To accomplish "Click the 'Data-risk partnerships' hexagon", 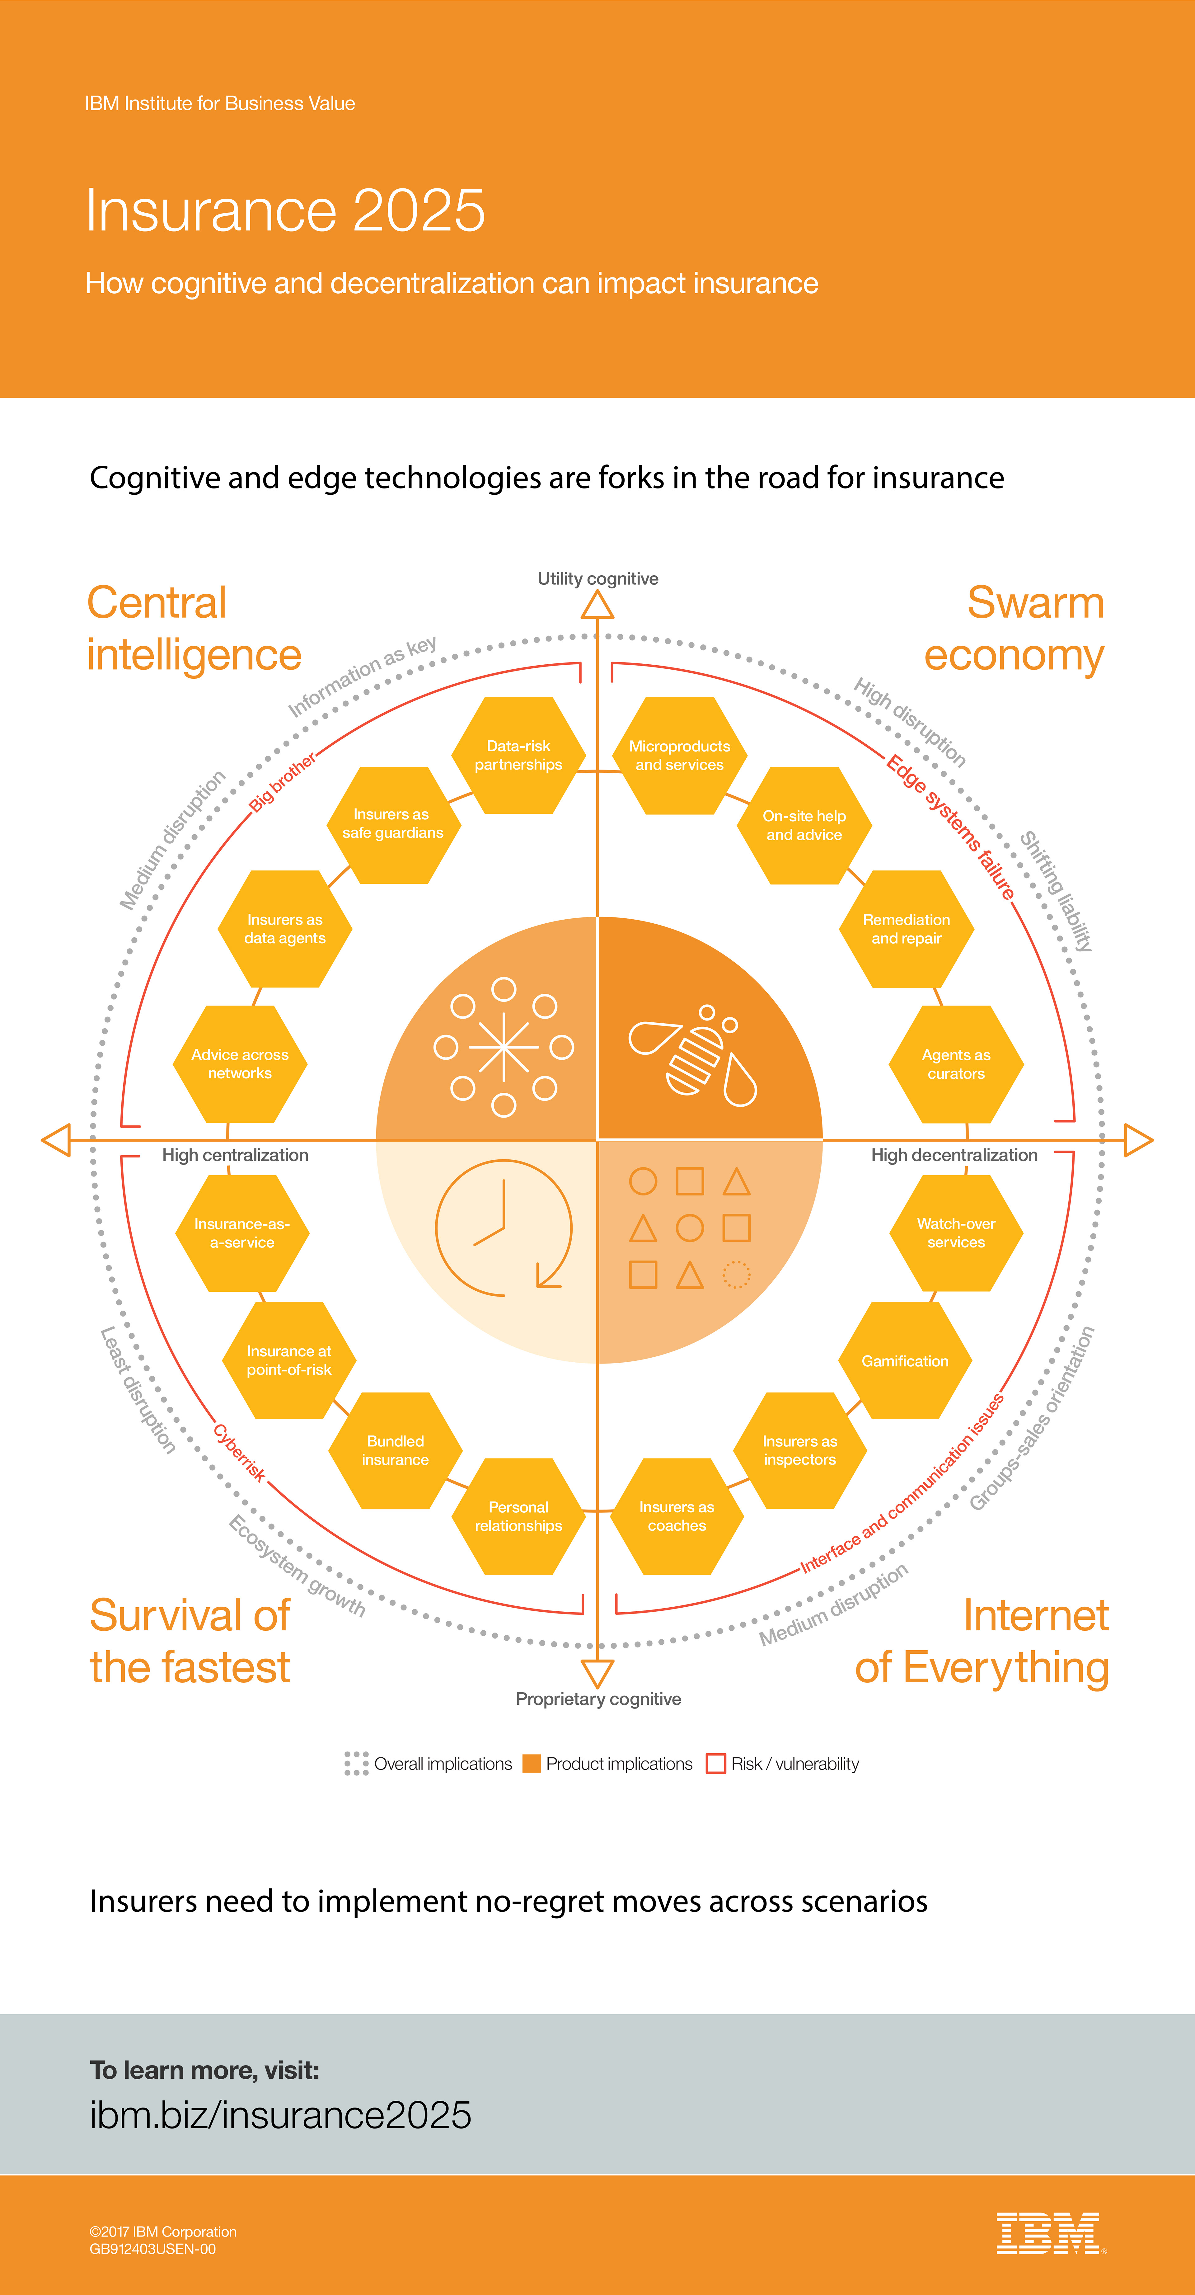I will (518, 756).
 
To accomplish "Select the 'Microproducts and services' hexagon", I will (679, 756).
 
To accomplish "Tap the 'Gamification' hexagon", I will (905, 1360).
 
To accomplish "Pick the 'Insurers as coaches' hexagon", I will (677, 1516).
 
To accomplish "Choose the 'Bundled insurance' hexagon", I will (395, 1450).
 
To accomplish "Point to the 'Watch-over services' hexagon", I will (956, 1233).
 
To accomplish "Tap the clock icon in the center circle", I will (503, 1228).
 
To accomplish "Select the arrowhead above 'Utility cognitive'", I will (597, 606).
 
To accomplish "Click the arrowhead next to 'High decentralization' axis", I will (1138, 1140).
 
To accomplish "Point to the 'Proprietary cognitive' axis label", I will (598, 1699).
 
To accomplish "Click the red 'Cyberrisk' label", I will (239, 1452).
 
